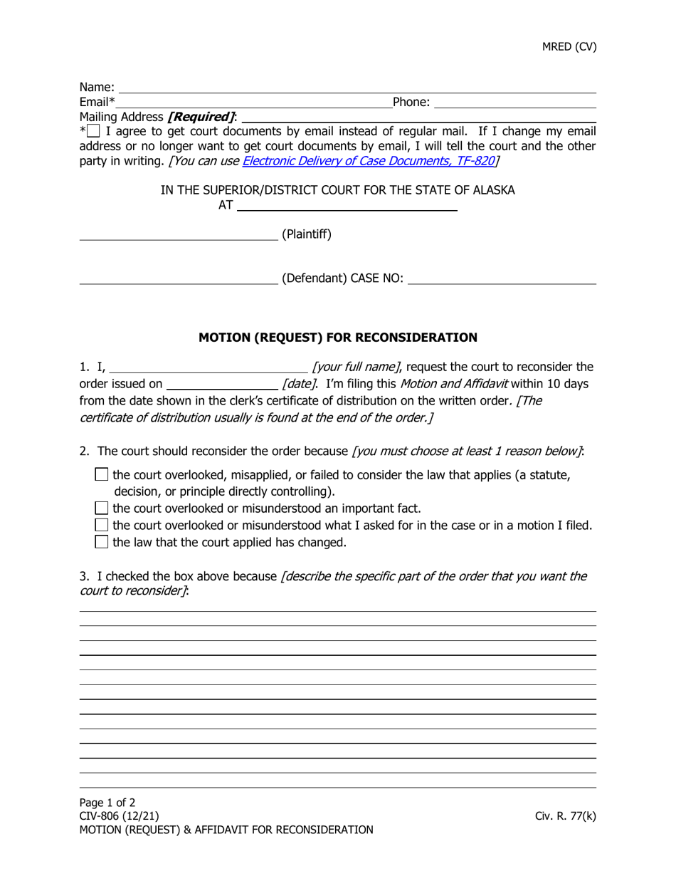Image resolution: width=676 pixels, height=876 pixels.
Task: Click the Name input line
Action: click(x=356, y=88)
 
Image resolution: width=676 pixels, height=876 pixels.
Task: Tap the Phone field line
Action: click(x=514, y=103)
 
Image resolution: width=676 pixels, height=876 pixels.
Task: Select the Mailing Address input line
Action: click(x=418, y=118)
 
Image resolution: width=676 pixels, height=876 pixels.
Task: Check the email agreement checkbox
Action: click(x=94, y=131)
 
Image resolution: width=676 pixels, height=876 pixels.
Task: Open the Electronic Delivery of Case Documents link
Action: click(x=368, y=161)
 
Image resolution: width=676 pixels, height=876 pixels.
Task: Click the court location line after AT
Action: click(x=346, y=207)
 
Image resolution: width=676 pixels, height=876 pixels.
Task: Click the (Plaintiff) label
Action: click(x=307, y=234)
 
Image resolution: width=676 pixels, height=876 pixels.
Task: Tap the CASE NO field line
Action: click(x=502, y=279)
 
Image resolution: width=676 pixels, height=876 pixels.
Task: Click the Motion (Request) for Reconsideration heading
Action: click(x=338, y=337)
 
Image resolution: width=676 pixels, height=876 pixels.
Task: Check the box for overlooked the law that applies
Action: click(x=102, y=474)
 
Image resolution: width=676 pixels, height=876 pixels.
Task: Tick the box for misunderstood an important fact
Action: click(x=102, y=509)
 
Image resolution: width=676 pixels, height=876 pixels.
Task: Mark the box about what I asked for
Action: click(x=102, y=526)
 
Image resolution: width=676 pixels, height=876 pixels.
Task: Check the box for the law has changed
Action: click(x=102, y=543)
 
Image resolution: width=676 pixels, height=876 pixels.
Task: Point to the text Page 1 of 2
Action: click(x=107, y=803)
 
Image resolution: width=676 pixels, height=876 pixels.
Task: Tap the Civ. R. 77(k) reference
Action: click(x=565, y=816)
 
